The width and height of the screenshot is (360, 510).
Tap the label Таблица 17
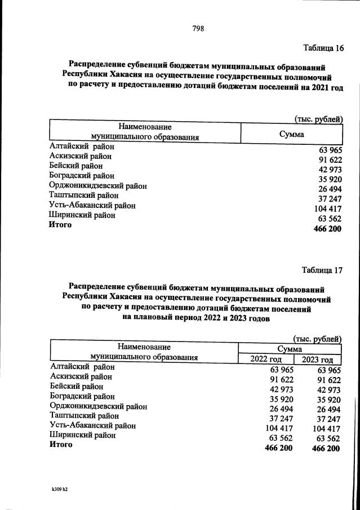pyautogui.click(x=322, y=269)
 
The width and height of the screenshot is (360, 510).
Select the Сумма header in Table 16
pyautogui.click(x=291, y=134)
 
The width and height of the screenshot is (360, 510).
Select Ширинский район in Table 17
pyautogui.click(x=83, y=435)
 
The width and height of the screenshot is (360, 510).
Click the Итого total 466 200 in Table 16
pyautogui.click(x=326, y=229)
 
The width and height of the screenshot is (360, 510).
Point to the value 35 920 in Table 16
pyautogui.click(x=329, y=180)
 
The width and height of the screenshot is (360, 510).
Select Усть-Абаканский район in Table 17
pyautogui.click(x=93, y=425)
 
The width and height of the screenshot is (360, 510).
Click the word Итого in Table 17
pyautogui.click(x=61, y=445)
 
